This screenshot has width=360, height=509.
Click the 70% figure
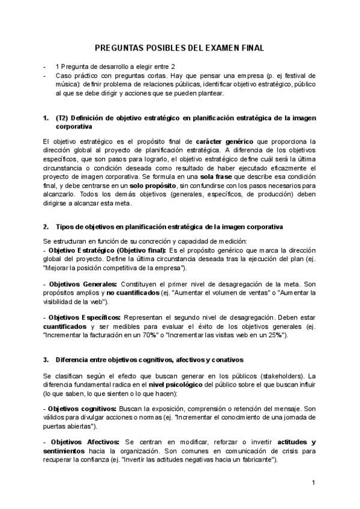(x=166, y=334)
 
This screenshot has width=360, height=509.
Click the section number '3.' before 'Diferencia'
(x=46, y=360)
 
